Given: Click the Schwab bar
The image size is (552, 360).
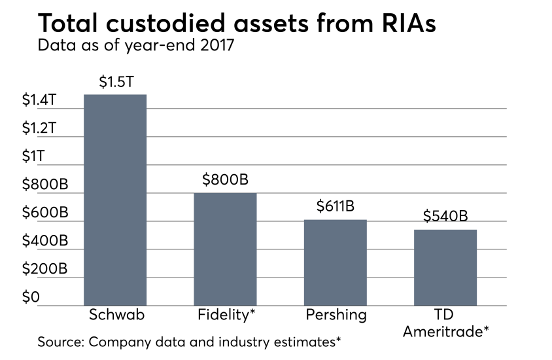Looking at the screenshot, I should pyautogui.click(x=115, y=199).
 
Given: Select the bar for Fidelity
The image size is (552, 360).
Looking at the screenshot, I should pyautogui.click(x=225, y=248).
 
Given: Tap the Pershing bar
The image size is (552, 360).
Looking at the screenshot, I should pyautogui.click(x=335, y=261).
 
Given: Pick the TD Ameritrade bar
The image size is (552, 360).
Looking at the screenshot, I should pyautogui.click(x=445, y=266).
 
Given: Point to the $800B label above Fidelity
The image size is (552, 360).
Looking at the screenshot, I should pyautogui.click(x=226, y=179).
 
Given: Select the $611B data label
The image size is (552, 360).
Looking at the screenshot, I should pyautogui.click(x=335, y=207).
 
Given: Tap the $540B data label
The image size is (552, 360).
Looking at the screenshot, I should pyautogui.click(x=445, y=216).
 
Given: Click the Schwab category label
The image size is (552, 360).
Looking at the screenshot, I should pyautogui.click(x=115, y=315).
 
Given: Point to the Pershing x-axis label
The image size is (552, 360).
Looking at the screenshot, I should pyautogui.click(x=335, y=315).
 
